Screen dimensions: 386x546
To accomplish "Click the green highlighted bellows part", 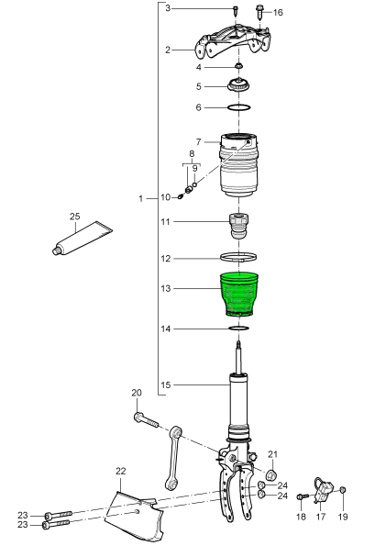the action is pos(238,295).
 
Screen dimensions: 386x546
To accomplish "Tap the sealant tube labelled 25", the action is pos(83,239).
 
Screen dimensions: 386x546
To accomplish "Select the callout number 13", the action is pos(166,288).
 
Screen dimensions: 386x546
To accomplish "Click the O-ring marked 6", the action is pos(239,107).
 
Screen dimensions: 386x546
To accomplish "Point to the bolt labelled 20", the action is pos(146,420).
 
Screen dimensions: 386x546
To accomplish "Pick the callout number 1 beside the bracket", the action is pos(140,199).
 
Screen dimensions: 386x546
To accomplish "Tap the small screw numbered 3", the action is pos(236,10).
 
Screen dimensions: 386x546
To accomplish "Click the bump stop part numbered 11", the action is pos(238,226).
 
